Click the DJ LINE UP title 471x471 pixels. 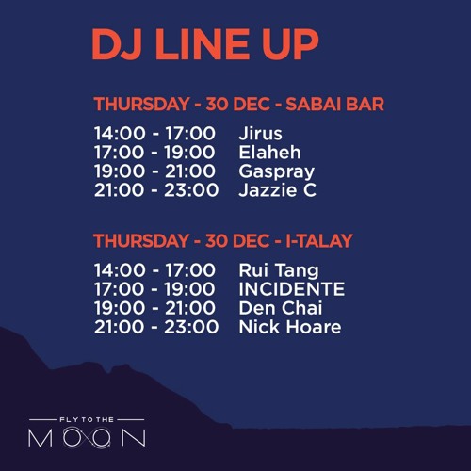(204, 42)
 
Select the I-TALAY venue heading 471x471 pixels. (222, 240)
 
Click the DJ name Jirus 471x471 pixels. (260, 134)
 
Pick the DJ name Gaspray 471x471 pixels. (276, 171)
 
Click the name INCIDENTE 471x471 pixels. (291, 289)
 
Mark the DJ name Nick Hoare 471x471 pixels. (289, 327)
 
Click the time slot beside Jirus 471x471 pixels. (154, 134)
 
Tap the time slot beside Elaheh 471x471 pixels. (154, 153)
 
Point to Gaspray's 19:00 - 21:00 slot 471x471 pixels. (154, 171)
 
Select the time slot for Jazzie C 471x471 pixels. (154, 190)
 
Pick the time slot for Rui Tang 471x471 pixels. (154, 270)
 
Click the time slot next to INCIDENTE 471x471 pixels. (154, 289)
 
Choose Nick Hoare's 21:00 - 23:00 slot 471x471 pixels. (154, 327)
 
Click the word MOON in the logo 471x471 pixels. (86, 438)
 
